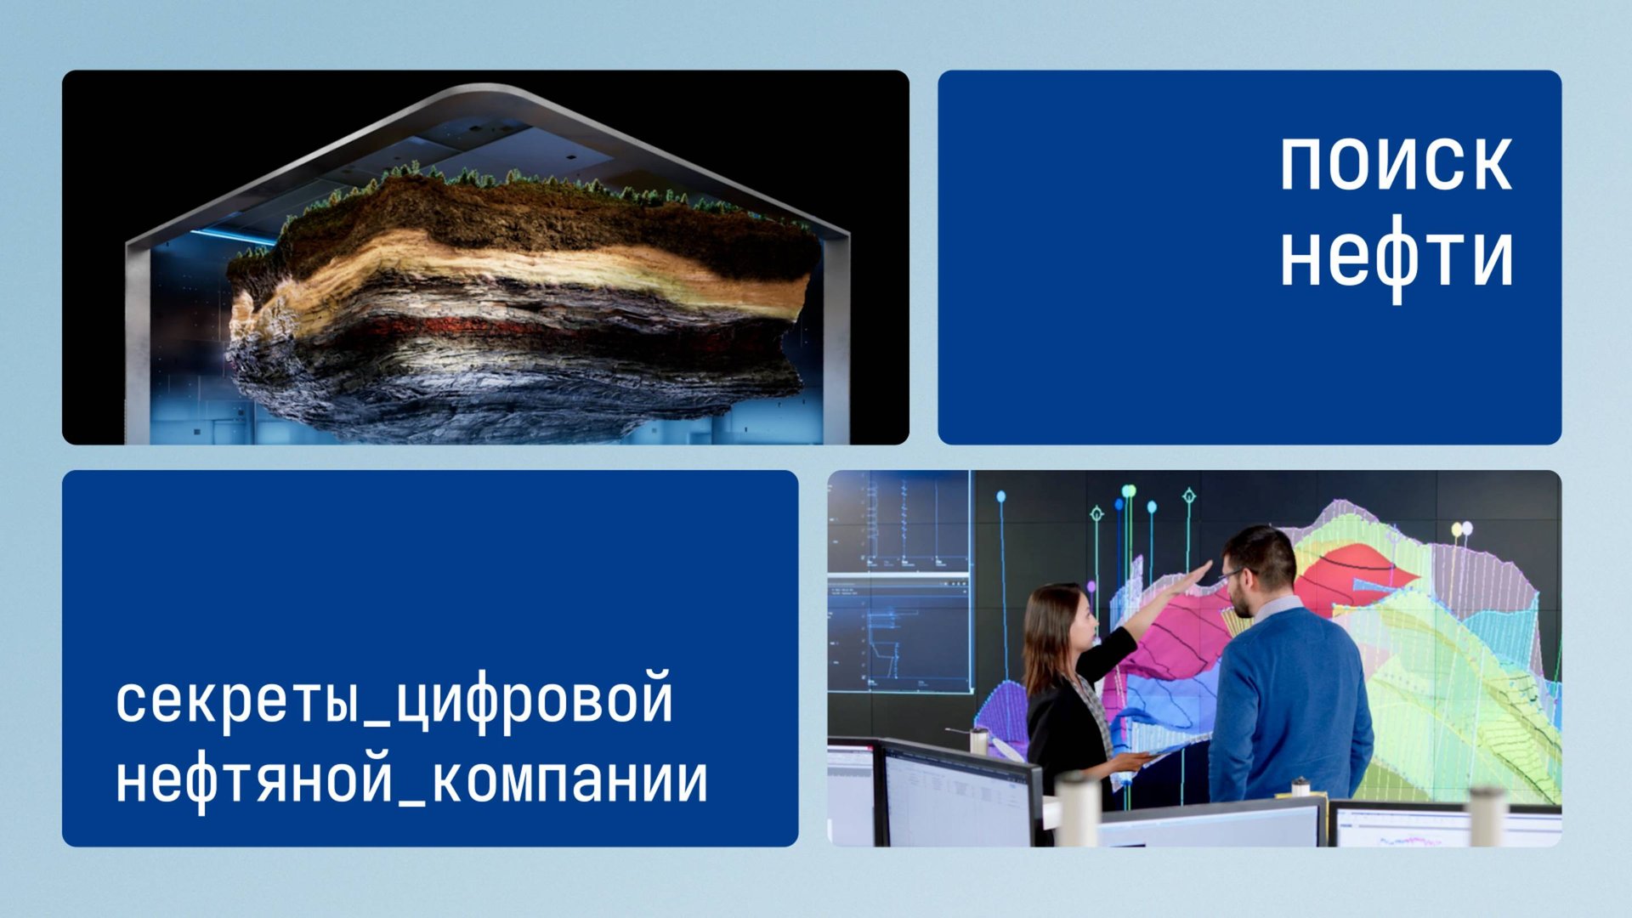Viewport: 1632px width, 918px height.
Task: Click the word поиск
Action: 1396,163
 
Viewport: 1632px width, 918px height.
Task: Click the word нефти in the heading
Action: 1396,258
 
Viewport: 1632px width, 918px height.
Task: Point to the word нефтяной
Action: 254,780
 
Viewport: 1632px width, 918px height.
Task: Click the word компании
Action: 569,780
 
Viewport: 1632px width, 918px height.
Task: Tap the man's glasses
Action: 1232,575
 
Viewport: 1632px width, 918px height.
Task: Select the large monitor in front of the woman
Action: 956,795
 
